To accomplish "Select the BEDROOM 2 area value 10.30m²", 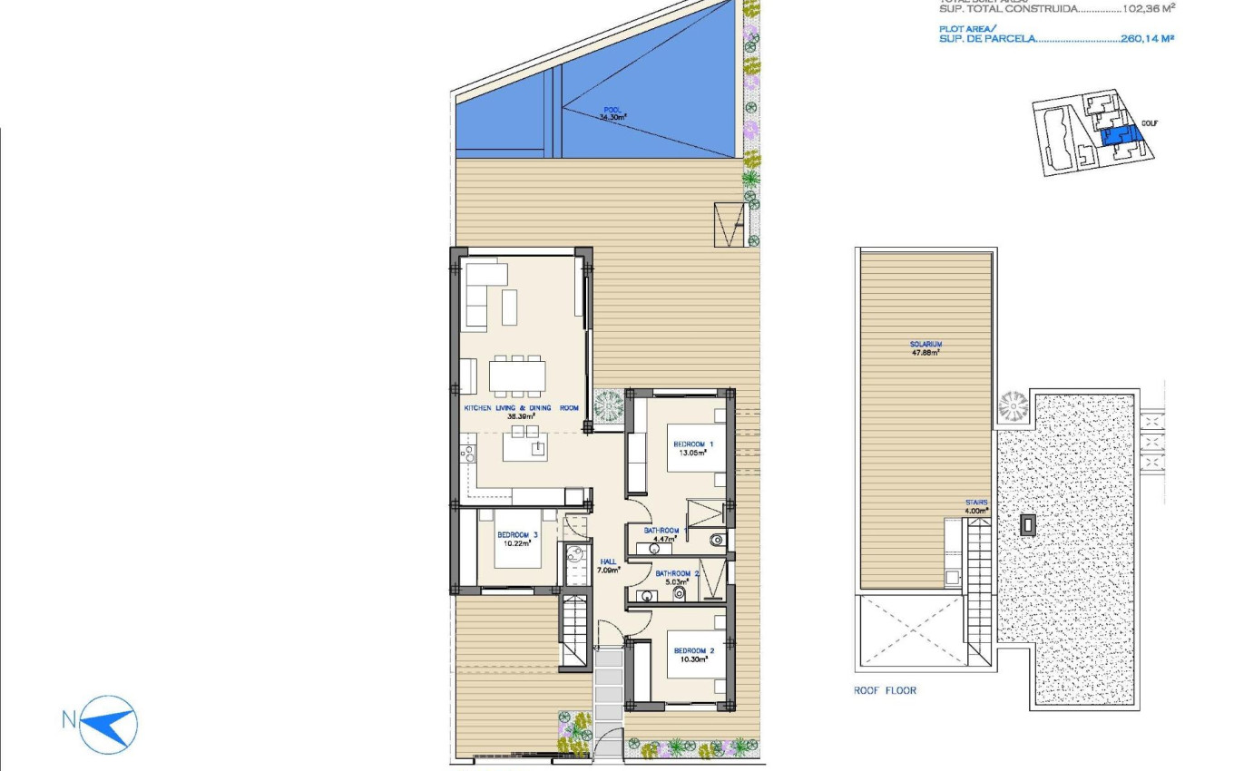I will (x=694, y=660).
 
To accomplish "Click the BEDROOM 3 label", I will (x=517, y=535).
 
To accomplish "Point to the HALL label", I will (x=608, y=561).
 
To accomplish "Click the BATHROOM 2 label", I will (x=678, y=573).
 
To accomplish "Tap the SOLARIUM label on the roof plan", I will (x=925, y=345).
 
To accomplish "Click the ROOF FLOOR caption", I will (x=885, y=691).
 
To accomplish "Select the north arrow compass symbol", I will (x=108, y=724).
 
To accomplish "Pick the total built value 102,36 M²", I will (x=1147, y=8).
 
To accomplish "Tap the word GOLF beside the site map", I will (x=1150, y=123).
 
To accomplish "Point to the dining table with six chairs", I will (x=517, y=375).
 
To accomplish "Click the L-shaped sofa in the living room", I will (x=484, y=292).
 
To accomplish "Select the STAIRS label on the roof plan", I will (x=976, y=503).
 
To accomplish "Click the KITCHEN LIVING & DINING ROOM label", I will (x=521, y=408).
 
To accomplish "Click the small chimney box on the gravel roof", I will (x=1027, y=525).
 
